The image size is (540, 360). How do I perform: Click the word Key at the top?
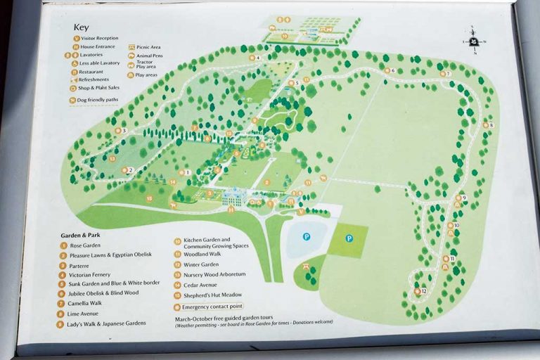click(x=83, y=28)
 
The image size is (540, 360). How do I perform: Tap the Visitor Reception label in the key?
click(x=99, y=39)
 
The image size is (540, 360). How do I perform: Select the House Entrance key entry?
click(x=96, y=46)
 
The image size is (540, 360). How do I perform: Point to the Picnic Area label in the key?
click(x=150, y=47)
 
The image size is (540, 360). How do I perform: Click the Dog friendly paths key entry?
click(x=96, y=100)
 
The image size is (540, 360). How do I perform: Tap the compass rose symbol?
click(x=474, y=41)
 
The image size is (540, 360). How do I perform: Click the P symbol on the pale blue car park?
click(x=307, y=237)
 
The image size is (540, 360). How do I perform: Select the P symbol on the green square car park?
click(x=349, y=238)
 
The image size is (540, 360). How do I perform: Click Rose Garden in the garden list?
click(x=85, y=245)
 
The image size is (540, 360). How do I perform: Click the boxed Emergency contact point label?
click(x=212, y=307)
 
